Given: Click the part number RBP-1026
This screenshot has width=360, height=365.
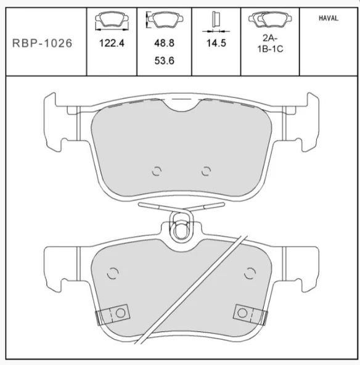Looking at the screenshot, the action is pos(42,43).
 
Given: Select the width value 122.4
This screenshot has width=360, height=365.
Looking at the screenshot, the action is pos(112,43).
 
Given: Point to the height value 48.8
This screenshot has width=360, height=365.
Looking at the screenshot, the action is pos(165,43).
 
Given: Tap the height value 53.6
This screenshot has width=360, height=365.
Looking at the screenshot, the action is pos(165,61).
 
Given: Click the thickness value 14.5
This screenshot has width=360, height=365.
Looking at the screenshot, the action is pos(216,43).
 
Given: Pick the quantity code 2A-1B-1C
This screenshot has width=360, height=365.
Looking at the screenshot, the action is pos(270,43).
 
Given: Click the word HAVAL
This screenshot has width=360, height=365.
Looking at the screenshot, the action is pos(329,18).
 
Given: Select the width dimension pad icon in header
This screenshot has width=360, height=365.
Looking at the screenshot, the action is pos(112,21).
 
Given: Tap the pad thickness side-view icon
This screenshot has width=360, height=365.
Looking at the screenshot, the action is pos(216,22).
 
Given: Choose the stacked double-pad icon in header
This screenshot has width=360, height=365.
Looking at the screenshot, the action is pos(270,20).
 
